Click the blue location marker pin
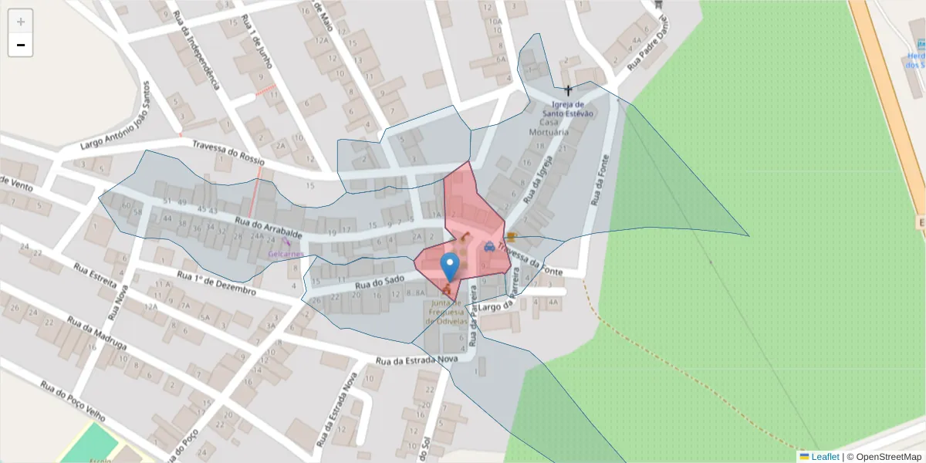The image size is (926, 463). coord(450,267)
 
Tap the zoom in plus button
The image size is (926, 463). coord(21,22)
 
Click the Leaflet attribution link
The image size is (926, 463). coord(824,457)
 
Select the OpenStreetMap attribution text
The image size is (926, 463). coord(884,457)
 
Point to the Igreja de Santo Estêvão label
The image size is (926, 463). coord(573,109)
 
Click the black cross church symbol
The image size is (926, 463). coord(569,90)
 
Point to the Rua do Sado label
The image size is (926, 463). coord(380,283)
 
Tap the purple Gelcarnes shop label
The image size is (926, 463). coord(286,253)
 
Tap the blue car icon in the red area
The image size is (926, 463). coord(489,247)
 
